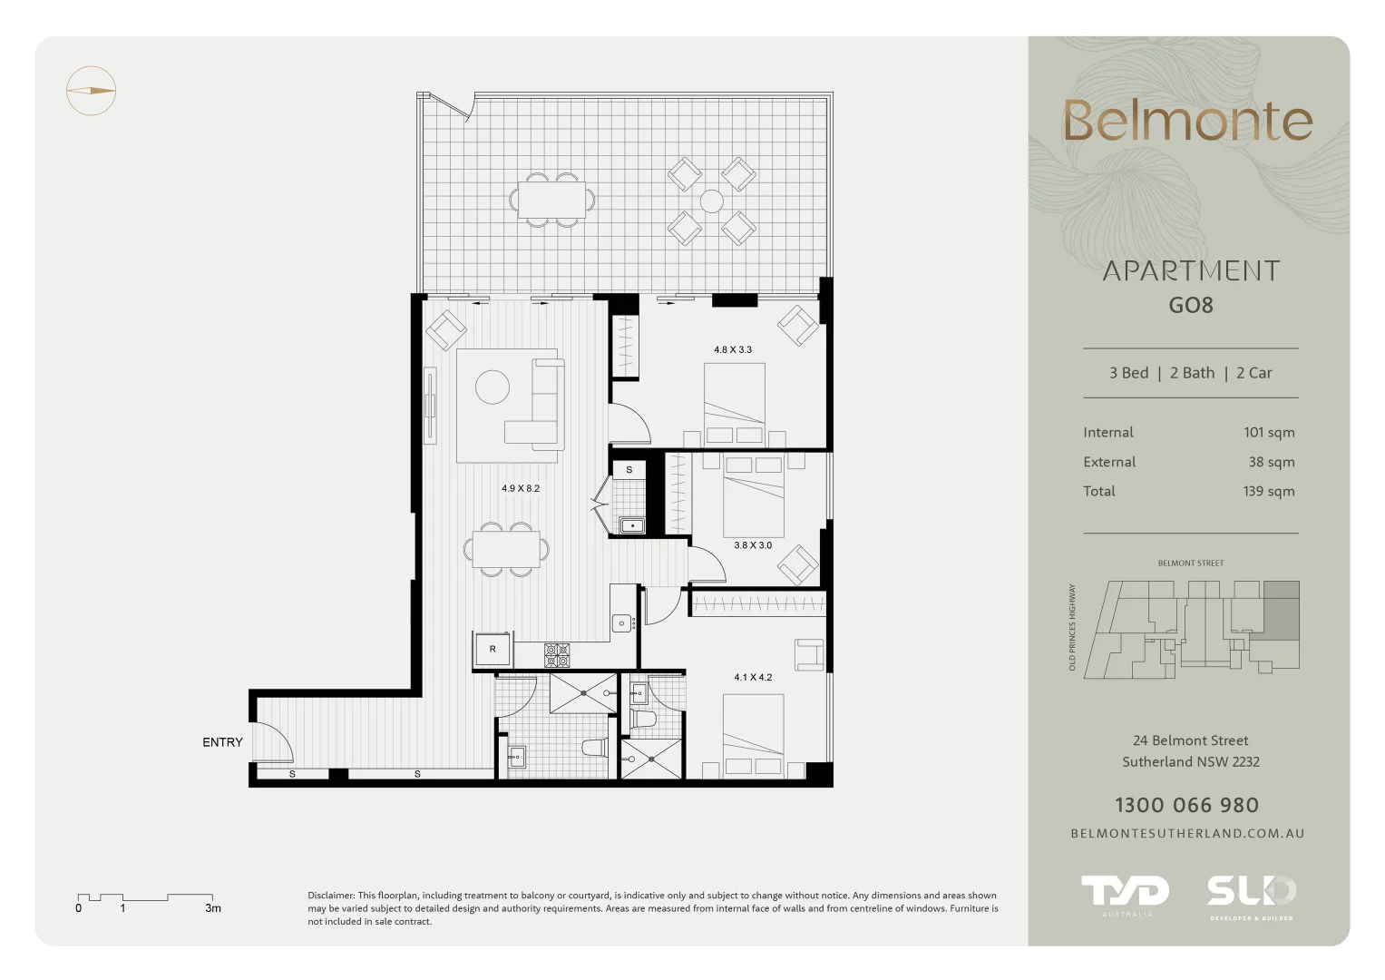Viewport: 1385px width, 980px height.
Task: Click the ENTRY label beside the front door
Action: (x=222, y=742)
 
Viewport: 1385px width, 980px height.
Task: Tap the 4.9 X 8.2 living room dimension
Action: (x=521, y=488)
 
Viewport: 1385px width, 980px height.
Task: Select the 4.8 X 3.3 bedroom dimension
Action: (x=732, y=349)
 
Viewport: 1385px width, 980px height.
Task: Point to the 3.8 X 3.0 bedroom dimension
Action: (x=753, y=545)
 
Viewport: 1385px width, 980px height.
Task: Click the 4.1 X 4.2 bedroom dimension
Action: (x=753, y=677)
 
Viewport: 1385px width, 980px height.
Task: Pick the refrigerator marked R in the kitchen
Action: (x=493, y=650)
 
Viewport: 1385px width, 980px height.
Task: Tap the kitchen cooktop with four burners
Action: (x=557, y=653)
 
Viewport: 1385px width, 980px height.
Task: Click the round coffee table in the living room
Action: (x=493, y=387)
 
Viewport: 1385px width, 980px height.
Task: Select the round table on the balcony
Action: (x=712, y=201)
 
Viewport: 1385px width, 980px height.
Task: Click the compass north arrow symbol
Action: (x=91, y=91)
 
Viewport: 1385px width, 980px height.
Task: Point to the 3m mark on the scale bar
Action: (x=212, y=907)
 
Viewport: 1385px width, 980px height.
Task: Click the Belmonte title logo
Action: (x=1187, y=122)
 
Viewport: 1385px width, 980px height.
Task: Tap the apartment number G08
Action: (x=1190, y=306)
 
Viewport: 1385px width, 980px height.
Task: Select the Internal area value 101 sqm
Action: (x=1268, y=433)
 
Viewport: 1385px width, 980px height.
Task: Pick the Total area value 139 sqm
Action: (x=1268, y=492)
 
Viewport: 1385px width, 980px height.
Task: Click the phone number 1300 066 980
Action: (x=1186, y=806)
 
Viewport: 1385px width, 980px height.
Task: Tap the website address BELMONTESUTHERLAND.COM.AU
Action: (x=1187, y=834)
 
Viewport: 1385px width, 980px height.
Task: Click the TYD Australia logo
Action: (x=1125, y=894)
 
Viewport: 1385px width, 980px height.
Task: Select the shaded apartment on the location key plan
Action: (x=1281, y=608)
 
